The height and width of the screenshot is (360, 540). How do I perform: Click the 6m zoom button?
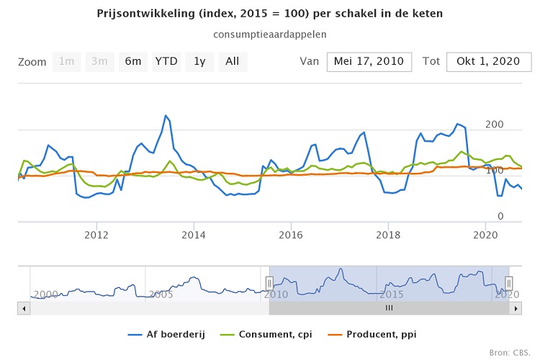coord(133,62)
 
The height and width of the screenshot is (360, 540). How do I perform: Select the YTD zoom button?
coord(166,62)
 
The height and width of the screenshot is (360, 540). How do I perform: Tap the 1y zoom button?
coord(199,62)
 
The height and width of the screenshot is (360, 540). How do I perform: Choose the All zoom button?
coord(233,62)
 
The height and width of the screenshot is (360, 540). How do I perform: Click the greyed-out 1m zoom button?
coord(66,62)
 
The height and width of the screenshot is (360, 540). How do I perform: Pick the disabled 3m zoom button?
coord(100,62)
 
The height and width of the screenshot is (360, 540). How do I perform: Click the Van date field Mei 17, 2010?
coord(369,62)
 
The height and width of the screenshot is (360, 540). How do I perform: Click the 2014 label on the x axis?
coord(194,235)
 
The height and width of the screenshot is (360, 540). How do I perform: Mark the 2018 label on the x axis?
coord(389,235)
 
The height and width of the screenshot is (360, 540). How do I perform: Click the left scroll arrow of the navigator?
coord(23,308)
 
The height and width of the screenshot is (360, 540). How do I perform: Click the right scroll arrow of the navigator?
coord(516,308)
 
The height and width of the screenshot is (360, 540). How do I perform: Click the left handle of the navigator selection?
coord(269,284)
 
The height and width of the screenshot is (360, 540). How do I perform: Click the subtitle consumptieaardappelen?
coord(270,35)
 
